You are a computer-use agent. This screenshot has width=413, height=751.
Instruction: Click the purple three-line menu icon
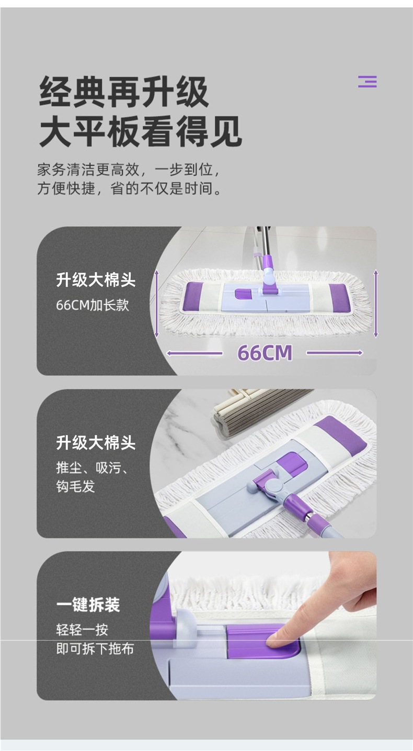pyautogui.click(x=367, y=82)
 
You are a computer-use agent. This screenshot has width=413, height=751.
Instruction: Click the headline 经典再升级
pyautogui.click(x=124, y=92)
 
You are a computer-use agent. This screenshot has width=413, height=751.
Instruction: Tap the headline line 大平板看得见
pyautogui.click(x=141, y=131)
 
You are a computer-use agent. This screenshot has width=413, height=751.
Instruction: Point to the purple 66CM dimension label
pyautogui.click(x=265, y=353)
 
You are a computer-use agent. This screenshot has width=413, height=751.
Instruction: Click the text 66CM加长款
pyautogui.click(x=93, y=305)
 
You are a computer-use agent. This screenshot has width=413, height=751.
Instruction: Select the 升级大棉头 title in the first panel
pyautogui.click(x=96, y=280)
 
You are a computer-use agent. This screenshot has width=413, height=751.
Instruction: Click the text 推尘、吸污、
pyautogui.click(x=92, y=468)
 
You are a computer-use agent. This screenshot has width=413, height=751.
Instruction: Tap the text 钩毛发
pyautogui.click(x=76, y=486)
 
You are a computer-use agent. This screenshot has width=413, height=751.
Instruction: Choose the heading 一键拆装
pyautogui.click(x=88, y=605)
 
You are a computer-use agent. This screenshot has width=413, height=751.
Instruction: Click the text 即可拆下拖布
pyautogui.click(x=95, y=649)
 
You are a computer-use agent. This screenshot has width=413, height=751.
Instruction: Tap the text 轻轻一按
pyautogui.click(x=82, y=630)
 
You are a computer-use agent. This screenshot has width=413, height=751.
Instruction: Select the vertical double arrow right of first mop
pyautogui.click(x=376, y=304)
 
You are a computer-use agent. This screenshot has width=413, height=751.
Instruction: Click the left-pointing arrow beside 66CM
pyautogui.click(x=194, y=353)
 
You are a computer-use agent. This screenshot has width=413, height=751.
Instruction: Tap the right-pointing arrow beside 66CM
pyautogui.click(x=335, y=353)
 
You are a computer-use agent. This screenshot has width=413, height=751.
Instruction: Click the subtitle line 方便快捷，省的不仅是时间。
pyautogui.click(x=129, y=189)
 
